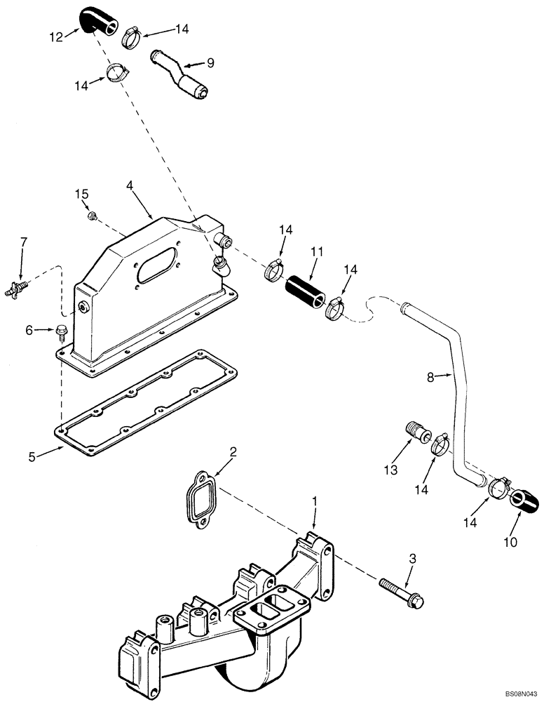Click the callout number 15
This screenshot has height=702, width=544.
pos(82,193)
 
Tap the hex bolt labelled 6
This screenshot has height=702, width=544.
pos(60,330)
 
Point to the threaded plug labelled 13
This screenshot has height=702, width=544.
pos(416,429)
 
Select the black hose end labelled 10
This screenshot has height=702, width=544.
pos(526,499)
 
